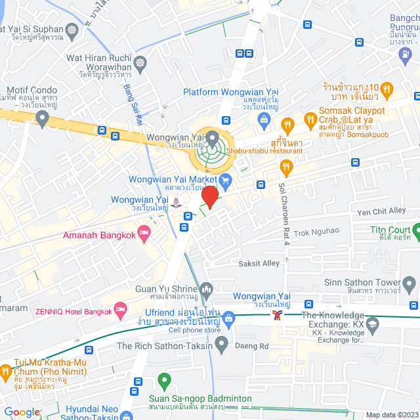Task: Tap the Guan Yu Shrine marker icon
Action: [207, 289]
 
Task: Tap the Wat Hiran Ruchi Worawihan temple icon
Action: [140, 63]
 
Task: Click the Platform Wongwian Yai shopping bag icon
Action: [264, 119]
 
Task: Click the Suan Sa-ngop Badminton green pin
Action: [164, 380]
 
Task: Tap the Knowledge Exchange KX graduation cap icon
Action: [373, 324]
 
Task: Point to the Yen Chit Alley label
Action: [381, 211]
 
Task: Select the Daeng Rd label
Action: [255, 346]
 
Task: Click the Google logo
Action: [22, 412]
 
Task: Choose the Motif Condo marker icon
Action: [43, 119]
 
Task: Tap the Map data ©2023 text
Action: [391, 415]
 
